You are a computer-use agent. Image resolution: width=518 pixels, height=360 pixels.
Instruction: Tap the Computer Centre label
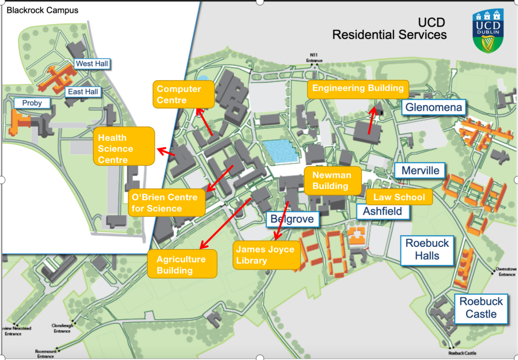point(178,94)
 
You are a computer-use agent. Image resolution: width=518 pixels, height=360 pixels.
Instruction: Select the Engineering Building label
point(358,89)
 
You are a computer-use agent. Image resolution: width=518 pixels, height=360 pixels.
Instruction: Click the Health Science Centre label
point(124,149)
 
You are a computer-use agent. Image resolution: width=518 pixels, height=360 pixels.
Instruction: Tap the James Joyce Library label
point(265,255)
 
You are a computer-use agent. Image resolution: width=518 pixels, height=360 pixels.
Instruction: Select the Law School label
point(399,197)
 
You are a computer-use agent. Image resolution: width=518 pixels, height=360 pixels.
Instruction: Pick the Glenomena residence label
point(434,107)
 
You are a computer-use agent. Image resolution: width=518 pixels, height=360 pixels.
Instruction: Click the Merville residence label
point(420,171)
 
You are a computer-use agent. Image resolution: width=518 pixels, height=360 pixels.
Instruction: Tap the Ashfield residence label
point(382,211)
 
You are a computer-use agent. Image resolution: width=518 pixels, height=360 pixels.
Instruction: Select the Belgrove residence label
point(292,220)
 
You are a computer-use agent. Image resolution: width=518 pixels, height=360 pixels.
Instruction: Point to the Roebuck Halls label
point(427,249)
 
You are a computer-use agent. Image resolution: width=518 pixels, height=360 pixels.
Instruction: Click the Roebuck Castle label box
point(481,308)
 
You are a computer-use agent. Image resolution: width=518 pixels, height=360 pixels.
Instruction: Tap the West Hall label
point(92,64)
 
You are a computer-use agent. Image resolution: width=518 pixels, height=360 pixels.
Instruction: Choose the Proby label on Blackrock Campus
point(32,103)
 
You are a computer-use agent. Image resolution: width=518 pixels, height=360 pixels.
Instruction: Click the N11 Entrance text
point(315,58)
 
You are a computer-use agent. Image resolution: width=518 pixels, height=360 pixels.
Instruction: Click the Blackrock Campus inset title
point(43,10)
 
